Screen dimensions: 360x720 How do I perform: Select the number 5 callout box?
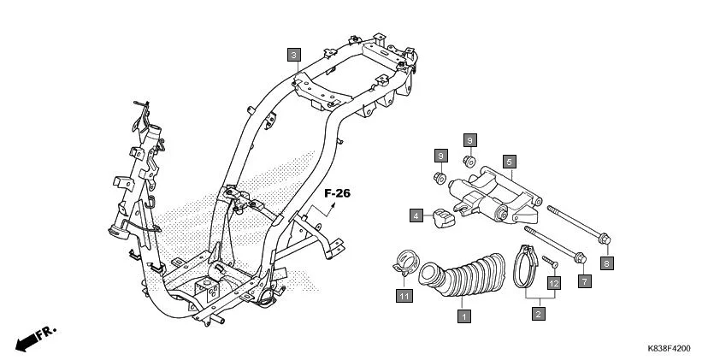pyautogui.click(x=508, y=161)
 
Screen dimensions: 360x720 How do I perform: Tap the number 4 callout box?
pyautogui.click(x=416, y=215)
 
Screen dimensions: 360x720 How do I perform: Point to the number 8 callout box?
pyautogui.click(x=606, y=263)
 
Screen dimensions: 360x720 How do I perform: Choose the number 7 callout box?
pyautogui.click(x=585, y=280)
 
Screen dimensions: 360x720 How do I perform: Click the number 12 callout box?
pyautogui.click(x=554, y=281)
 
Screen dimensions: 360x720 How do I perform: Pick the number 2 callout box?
pyautogui.click(x=538, y=316)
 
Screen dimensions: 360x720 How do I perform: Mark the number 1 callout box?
pyautogui.click(x=463, y=316)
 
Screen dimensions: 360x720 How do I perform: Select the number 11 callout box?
pyautogui.click(x=402, y=296)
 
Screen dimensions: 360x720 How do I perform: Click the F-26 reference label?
pyautogui.click(x=337, y=194)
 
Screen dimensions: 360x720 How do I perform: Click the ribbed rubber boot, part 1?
pyautogui.click(x=462, y=279)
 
